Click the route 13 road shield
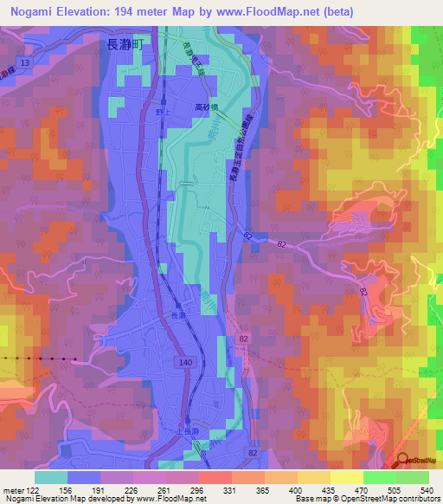point(25,63)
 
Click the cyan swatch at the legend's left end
point(51,477)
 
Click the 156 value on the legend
point(66,490)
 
